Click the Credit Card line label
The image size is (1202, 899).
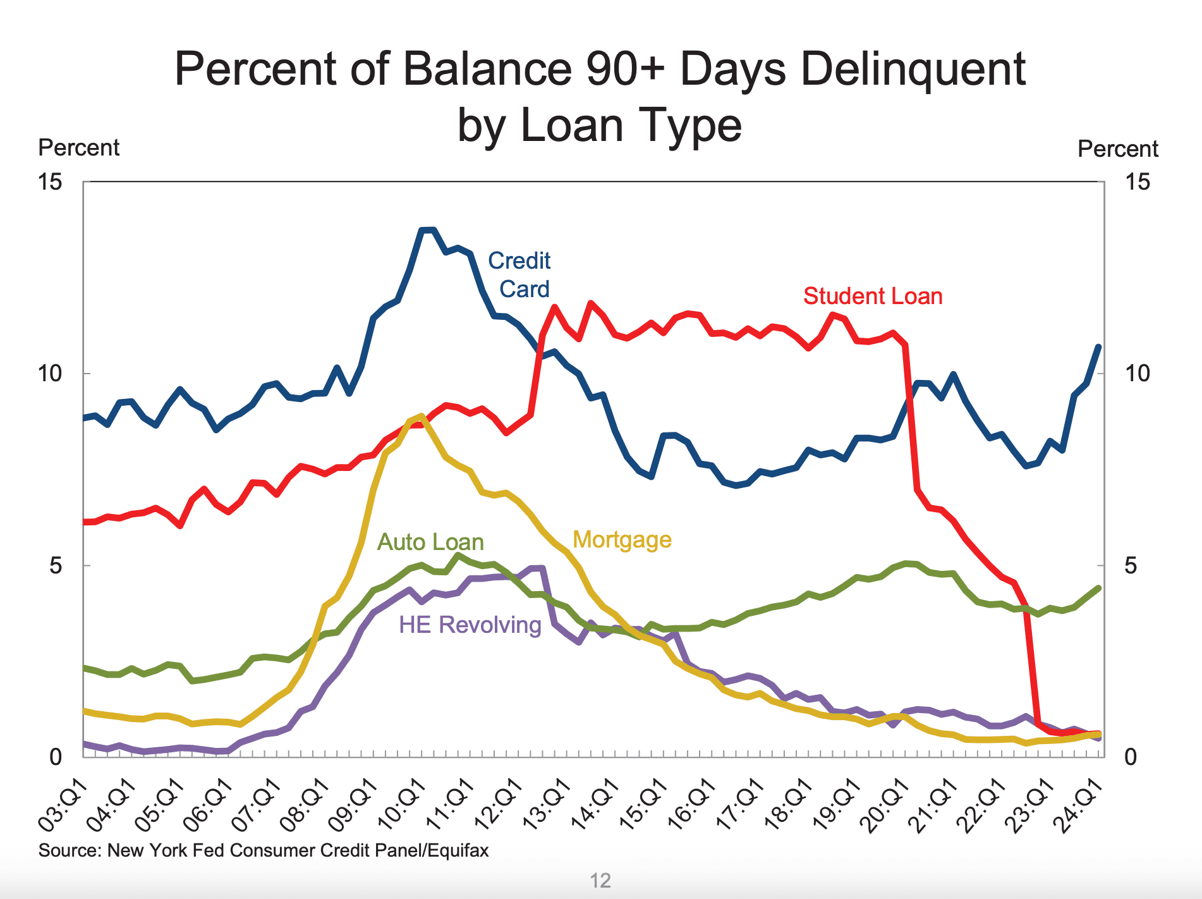(x=519, y=274)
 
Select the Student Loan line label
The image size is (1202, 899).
(x=872, y=296)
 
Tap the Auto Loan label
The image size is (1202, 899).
(x=430, y=542)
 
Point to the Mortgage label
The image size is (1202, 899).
(x=622, y=539)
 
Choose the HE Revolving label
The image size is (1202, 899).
(x=470, y=625)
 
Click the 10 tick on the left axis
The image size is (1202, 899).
(x=50, y=373)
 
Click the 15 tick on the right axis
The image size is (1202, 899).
(x=1138, y=182)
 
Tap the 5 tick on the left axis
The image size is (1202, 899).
(x=56, y=565)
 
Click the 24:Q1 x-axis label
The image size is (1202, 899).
(x=1082, y=805)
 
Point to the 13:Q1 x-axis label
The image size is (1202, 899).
(x=548, y=805)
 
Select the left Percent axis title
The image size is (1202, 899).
(x=78, y=147)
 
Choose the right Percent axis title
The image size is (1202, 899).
(x=1117, y=149)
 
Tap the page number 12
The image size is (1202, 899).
(x=600, y=880)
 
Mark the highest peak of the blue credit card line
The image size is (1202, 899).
(x=428, y=229)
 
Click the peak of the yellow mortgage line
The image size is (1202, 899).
(x=422, y=415)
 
